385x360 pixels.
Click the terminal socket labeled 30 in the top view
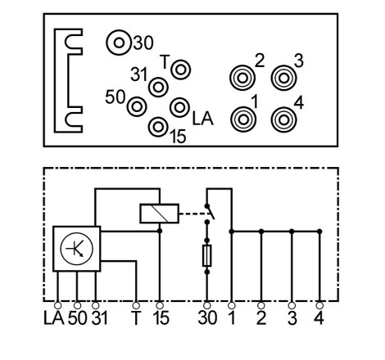tap(119, 43)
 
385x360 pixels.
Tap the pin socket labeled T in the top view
tap(180, 70)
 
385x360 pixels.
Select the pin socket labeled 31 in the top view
tap(158, 87)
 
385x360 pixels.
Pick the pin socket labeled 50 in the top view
tap(137, 106)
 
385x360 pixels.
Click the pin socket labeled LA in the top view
tap(179, 107)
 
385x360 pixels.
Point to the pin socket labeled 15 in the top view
tap(158, 127)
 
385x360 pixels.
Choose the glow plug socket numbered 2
tap(242, 78)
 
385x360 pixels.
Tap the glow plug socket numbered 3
tap(283, 78)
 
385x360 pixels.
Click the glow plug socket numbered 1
tap(243, 119)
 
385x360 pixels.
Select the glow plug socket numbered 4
tap(283, 119)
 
